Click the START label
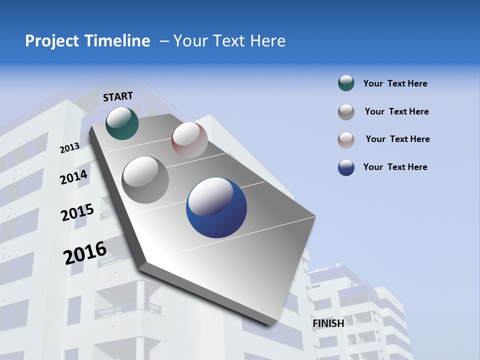[x=118, y=96]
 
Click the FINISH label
[x=328, y=323]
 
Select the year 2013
[x=69, y=148]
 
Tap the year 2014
[x=73, y=177]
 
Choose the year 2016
[x=85, y=252]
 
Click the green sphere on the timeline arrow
[x=122, y=123]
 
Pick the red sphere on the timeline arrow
[x=189, y=139]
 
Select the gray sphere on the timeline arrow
[x=145, y=179]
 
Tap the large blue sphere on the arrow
[x=216, y=207]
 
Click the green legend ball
[x=346, y=83]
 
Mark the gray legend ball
[x=346, y=112]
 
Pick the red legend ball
[x=346, y=139]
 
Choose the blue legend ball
[x=346, y=167]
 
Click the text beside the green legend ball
[x=395, y=83]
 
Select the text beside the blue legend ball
[x=395, y=167]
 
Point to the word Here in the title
[x=267, y=41]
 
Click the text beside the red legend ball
[x=397, y=139]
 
